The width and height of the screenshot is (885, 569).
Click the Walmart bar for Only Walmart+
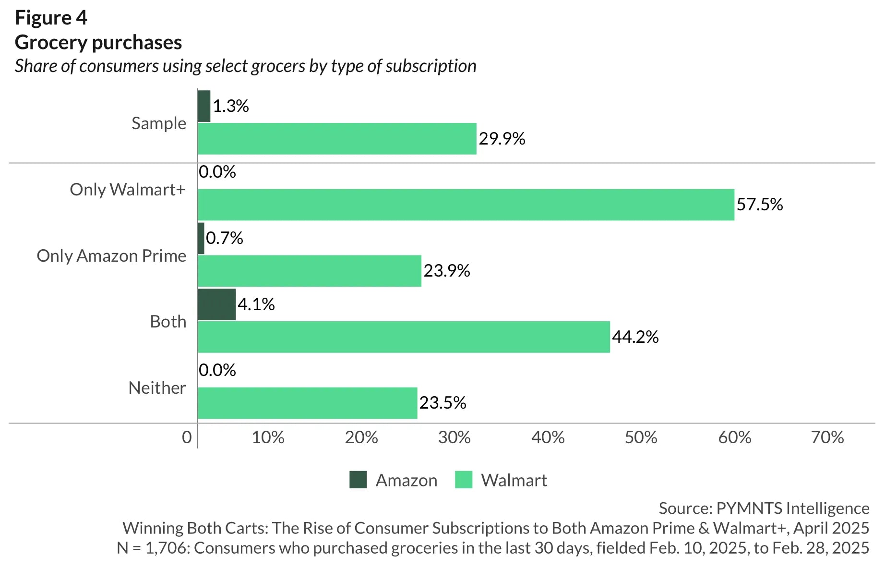tap(466, 205)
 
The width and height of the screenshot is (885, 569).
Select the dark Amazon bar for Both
tap(216, 304)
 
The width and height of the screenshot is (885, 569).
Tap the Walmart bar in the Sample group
tap(337, 139)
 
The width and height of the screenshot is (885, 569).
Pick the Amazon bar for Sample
tap(204, 106)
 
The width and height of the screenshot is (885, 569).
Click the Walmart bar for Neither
tap(307, 403)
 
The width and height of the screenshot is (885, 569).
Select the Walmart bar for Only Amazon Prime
tap(310, 271)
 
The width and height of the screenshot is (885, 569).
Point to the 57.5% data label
tap(759, 205)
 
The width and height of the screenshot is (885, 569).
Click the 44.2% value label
tap(635, 337)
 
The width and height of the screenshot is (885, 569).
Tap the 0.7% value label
tap(224, 238)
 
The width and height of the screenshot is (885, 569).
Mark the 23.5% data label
tap(442, 403)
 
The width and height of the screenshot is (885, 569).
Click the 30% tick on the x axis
tap(454, 437)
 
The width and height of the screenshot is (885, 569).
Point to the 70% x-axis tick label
tap(827, 437)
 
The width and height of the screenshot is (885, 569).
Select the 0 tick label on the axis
tap(187, 437)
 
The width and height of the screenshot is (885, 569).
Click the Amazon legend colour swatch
tap(358, 480)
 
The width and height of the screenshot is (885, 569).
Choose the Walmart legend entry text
tap(514, 480)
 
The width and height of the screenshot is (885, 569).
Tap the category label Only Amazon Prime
tap(111, 256)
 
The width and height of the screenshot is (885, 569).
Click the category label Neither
tap(157, 388)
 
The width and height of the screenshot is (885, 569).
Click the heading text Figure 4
tap(51, 18)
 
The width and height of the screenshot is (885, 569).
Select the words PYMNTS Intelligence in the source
tap(792, 508)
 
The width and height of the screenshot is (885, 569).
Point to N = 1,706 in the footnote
tap(153, 548)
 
